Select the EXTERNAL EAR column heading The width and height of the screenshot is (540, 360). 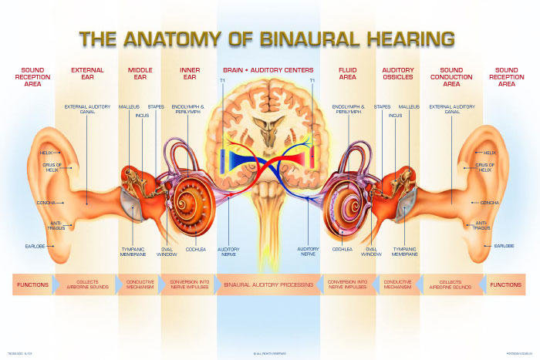click(87, 74)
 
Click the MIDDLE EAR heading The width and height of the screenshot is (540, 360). click(140, 74)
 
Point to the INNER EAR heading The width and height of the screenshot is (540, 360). click(190, 74)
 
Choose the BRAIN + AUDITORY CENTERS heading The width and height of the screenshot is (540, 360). click(268, 70)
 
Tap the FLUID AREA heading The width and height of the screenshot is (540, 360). click(347, 74)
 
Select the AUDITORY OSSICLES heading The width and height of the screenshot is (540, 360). click(398, 74)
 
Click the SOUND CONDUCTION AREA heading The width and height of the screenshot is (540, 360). click(452, 77)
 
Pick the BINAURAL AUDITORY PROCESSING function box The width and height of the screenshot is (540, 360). click(268, 284)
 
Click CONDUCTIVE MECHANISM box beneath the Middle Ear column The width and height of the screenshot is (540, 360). click(140, 284)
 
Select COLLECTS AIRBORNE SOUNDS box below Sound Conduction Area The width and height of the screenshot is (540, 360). click(451, 284)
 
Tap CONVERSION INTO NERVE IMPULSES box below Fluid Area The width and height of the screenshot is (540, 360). click(347, 284)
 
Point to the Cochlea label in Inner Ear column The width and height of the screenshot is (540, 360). click(196, 249)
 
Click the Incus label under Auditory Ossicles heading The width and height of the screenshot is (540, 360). click(396, 116)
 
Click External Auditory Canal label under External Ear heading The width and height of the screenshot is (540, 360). click(87, 109)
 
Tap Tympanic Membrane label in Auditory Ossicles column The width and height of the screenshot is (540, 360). click(404, 251)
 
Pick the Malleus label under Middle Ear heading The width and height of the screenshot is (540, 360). click(128, 106)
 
